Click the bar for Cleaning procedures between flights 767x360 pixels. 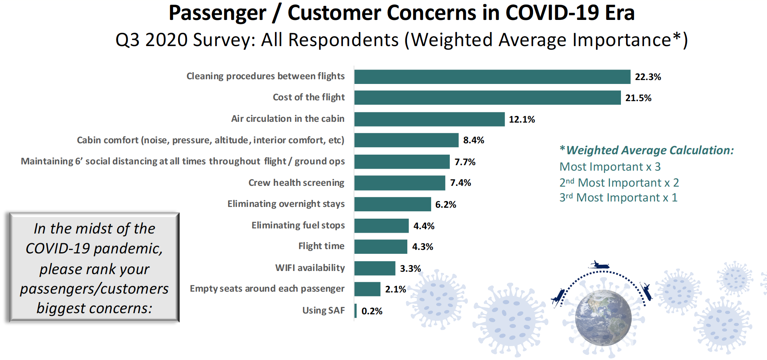coord(492,77)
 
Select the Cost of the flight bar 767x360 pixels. coord(487,98)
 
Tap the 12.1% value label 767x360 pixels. coord(522,119)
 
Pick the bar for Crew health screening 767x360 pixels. coord(400,183)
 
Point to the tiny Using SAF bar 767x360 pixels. coord(355,311)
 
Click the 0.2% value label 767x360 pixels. coord(372,311)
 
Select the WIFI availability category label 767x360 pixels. coord(310,268)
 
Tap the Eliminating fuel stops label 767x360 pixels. coord(298,225)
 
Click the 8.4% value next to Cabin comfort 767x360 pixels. coord(473,140)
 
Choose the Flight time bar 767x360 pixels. coord(381,247)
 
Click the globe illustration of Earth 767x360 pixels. coord(603,318)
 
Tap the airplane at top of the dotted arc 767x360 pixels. coord(599,266)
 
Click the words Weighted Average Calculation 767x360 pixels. coord(650,150)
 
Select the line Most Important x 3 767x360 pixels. coord(610,167)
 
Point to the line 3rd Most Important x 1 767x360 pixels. coord(618,198)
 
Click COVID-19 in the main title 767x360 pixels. coord(552,13)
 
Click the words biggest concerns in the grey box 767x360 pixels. coord(94,308)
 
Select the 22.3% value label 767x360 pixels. coord(647,77)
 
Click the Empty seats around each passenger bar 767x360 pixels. coord(367,289)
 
